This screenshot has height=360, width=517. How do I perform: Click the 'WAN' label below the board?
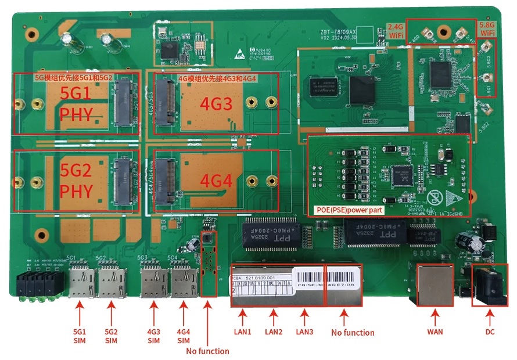click(435, 332)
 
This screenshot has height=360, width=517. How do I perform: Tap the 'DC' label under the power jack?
click(490, 332)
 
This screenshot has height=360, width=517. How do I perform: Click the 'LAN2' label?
click(272, 332)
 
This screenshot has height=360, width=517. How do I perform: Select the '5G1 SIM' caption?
click(80, 336)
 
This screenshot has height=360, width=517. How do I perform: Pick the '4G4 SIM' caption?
click(184, 336)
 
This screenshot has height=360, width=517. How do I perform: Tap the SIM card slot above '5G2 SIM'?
click(110, 281)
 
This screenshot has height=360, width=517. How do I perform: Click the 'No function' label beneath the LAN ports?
click(353, 333)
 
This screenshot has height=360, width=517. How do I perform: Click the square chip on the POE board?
click(403, 172)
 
